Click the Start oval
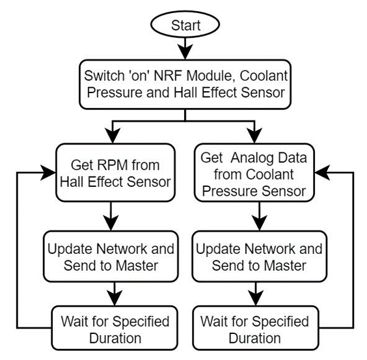pyautogui.click(x=185, y=24)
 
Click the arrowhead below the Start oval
pyautogui.click(x=185, y=51)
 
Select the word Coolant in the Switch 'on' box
pyautogui.click(x=264, y=76)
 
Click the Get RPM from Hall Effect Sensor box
pyautogui.click(x=115, y=173)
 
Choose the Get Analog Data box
pyautogui.click(x=254, y=173)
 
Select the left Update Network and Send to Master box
pyautogui.click(x=111, y=256)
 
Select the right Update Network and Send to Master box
pyautogui.click(x=260, y=256)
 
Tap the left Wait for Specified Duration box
pyautogui.click(x=115, y=328)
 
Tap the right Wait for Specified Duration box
pyautogui.click(x=256, y=328)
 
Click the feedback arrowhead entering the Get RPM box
pyautogui.click(x=48, y=173)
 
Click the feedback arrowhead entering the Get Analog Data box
pyautogui.click(x=322, y=173)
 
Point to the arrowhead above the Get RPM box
pyautogui.click(x=113, y=135)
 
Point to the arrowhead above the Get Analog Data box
pyautogui.click(x=254, y=135)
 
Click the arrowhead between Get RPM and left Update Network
pyautogui.click(x=111, y=223)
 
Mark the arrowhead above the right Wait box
pyautogui.click(x=256, y=298)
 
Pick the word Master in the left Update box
pyautogui.click(x=137, y=266)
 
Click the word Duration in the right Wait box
pyautogui.click(x=254, y=339)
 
